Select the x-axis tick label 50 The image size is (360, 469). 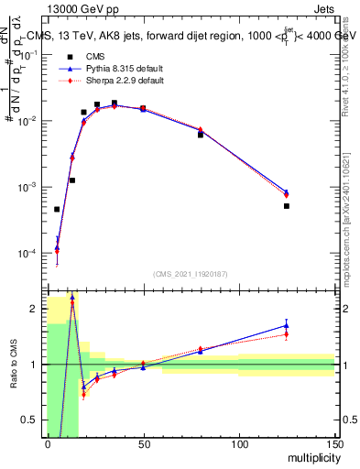pyautogui.click(x=143, y=445)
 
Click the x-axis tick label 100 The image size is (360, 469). pyautogui.click(x=239, y=445)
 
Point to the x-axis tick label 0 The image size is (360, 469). pyautogui.click(x=48, y=445)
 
